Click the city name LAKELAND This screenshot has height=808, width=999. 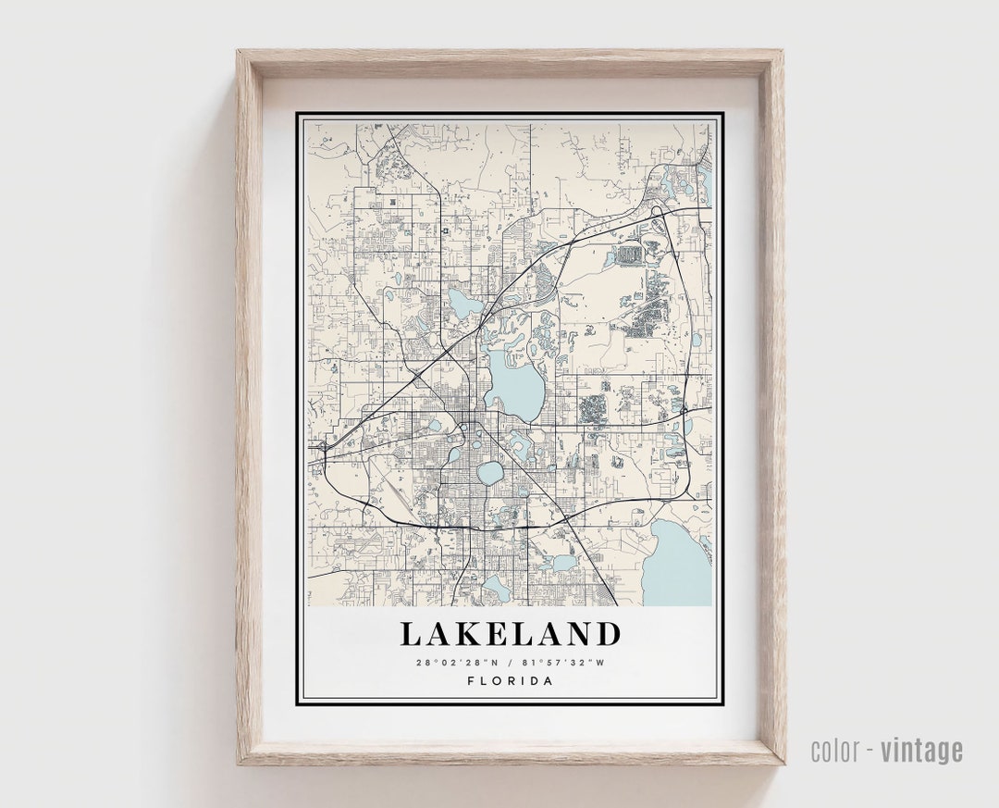(510, 634)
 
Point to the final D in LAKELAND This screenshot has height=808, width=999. (607, 634)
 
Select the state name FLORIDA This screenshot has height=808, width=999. (510, 681)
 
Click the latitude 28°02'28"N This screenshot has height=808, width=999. (456, 662)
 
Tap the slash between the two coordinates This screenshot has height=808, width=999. (510, 662)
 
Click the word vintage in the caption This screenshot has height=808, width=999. (921, 750)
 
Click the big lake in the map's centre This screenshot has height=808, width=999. (514, 382)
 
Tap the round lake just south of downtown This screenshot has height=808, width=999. (490, 472)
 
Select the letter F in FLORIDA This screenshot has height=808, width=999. (471, 681)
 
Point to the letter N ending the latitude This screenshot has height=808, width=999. (494, 662)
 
